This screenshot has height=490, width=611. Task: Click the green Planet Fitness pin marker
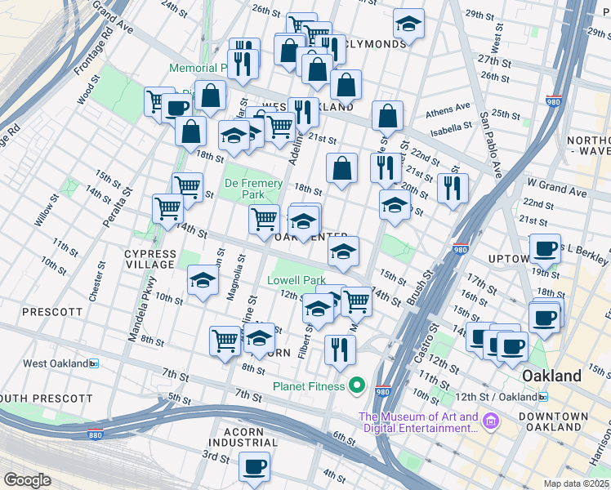(356, 385)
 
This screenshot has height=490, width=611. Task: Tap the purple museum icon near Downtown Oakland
(490, 421)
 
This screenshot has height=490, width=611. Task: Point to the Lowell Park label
(297, 280)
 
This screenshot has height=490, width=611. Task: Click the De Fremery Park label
(253, 189)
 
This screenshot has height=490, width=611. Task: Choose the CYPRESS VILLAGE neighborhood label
(149, 259)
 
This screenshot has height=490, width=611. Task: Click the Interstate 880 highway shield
(96, 436)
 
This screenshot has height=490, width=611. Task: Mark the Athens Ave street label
(448, 107)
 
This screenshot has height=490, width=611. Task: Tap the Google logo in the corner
(27, 480)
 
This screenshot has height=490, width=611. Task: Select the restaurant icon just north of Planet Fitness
(340, 349)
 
